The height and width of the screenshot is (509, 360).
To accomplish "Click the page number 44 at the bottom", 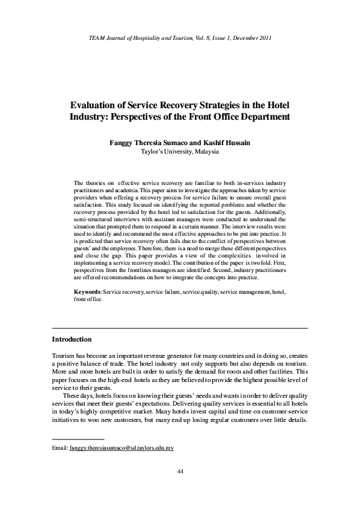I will pyautogui.click(x=180, y=471).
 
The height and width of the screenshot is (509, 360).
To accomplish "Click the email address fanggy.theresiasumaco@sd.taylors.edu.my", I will pyautogui.click(x=122, y=431).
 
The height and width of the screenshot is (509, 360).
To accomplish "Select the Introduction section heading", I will pyautogui.click(x=72, y=339).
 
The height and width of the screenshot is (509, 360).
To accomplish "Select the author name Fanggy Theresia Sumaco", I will pyautogui.click(x=148, y=143).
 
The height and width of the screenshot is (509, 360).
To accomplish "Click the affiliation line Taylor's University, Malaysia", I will pyautogui.click(x=180, y=152).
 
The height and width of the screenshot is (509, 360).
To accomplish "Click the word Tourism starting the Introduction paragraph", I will pyautogui.click(x=64, y=356).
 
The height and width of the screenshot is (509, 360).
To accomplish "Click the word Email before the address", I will pyautogui.click(x=60, y=431).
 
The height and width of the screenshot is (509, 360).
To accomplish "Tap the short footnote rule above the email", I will pyautogui.click(x=78, y=421).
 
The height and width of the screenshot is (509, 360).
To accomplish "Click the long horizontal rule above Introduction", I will pyautogui.click(x=180, y=328).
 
